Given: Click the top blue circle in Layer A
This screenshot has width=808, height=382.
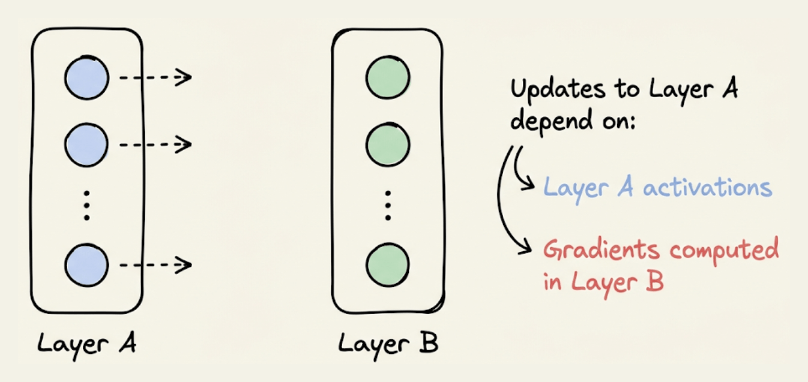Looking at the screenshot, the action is click(87, 78).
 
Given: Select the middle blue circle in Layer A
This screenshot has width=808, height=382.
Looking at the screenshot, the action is click(86, 145).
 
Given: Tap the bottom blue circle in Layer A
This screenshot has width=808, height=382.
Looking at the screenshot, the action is click(86, 264).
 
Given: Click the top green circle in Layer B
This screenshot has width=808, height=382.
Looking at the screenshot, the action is click(388, 78).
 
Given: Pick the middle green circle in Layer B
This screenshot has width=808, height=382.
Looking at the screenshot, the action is click(388, 145).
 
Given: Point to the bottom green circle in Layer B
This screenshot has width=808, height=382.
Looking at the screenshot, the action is click(388, 264).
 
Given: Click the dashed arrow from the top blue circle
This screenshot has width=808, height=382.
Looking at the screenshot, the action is click(155, 77).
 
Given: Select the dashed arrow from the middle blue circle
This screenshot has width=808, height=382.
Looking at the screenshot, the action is click(155, 144).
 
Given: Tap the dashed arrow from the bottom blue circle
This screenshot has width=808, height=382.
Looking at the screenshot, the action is click(155, 264).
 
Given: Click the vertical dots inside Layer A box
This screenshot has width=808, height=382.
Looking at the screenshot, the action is click(86, 205).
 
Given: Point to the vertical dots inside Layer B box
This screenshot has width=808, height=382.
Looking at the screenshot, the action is click(388, 205).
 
